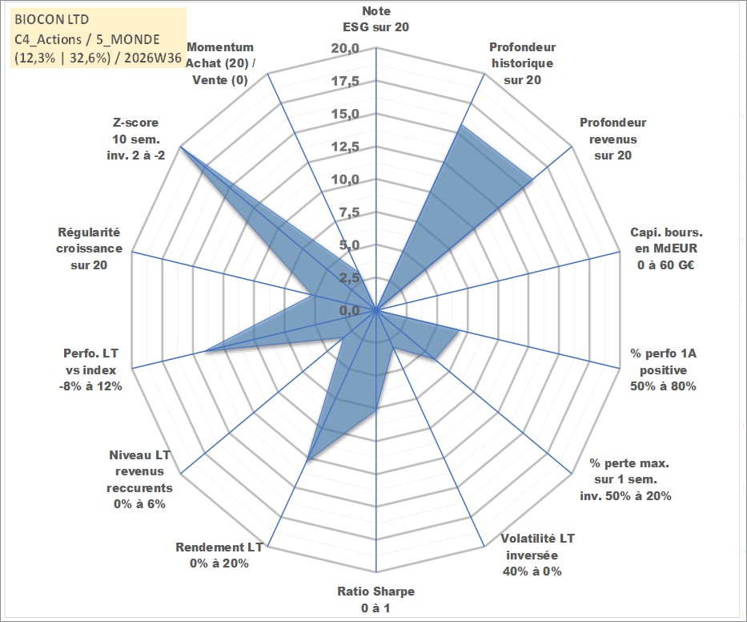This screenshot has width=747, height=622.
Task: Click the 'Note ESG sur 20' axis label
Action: [x=376, y=19]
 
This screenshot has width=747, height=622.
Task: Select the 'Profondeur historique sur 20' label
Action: [x=522, y=63]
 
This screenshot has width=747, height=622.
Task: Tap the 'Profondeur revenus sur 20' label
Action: [x=612, y=139]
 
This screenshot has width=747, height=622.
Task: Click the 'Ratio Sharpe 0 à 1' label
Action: [x=376, y=600]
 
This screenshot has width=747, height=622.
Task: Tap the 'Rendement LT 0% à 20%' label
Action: [x=219, y=555]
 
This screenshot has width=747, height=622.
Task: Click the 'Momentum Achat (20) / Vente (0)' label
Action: [x=220, y=63]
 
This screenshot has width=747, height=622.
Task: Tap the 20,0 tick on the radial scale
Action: [x=345, y=48]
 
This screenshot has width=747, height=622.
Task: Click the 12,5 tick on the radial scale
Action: [x=345, y=147]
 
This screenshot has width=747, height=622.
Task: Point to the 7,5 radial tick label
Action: [x=349, y=212]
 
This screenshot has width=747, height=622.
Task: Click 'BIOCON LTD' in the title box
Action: [x=51, y=19]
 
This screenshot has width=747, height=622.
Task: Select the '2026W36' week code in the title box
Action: [x=153, y=58]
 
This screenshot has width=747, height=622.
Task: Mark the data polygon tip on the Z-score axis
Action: [x=181, y=147]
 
